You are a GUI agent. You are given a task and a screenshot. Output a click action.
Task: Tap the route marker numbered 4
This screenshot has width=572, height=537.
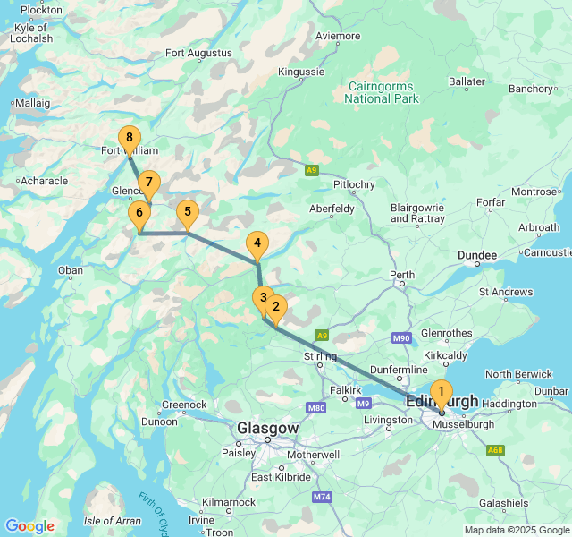click(x=257, y=243)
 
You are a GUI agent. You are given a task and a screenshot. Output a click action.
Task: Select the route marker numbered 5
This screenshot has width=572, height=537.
click(x=187, y=213)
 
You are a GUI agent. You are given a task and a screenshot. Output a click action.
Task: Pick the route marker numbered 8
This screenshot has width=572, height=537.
click(x=130, y=138)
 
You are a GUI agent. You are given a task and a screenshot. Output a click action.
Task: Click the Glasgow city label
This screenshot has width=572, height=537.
click(x=267, y=429)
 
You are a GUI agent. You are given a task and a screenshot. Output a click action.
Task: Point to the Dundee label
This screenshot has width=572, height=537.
click(x=477, y=256)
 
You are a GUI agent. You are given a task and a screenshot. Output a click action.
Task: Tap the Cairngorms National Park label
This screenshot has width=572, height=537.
click(x=381, y=92)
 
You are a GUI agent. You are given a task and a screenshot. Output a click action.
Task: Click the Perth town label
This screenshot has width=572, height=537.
click(x=403, y=274)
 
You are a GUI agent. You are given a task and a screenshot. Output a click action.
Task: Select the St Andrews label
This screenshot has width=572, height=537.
click(x=507, y=292)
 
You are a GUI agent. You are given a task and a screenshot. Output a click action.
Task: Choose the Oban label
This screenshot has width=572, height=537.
click(x=70, y=270)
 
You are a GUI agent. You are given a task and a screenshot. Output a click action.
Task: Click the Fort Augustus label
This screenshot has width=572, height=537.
click(x=198, y=53)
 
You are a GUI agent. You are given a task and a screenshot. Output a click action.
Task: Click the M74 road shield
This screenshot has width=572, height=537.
click(x=322, y=496)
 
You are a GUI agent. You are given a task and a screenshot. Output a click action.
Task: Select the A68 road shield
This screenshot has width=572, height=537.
click(x=496, y=450)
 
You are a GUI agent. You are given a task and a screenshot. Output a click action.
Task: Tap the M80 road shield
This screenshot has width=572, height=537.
click(x=315, y=408)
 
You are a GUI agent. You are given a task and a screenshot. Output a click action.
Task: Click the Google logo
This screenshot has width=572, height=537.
click(x=29, y=526)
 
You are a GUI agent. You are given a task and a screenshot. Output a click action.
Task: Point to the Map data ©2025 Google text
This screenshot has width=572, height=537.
click(x=517, y=530)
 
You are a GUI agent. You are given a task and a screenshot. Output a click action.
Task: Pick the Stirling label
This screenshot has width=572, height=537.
click(x=320, y=358)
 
